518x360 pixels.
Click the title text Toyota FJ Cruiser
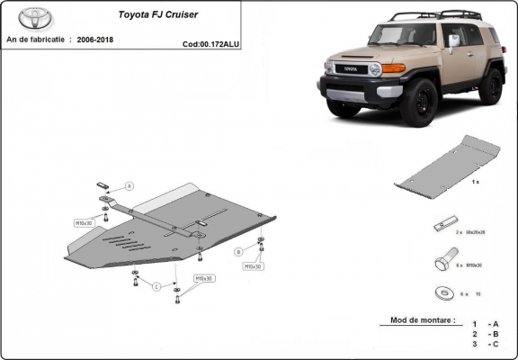click(156, 15)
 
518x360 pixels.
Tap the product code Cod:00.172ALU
click(209, 42)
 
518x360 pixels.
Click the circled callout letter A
click(129, 186)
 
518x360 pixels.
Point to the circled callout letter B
click(238, 251)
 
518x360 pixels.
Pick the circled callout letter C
click(155, 287)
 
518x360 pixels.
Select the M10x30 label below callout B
click(254, 266)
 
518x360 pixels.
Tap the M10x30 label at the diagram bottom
click(205, 278)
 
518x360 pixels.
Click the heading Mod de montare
click(422, 320)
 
